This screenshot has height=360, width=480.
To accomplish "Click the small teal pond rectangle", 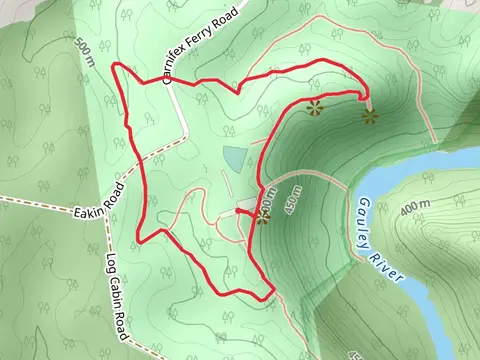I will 234,158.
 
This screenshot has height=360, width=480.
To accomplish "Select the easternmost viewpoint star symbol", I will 371,118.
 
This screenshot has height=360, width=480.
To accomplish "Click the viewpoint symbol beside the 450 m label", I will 262,218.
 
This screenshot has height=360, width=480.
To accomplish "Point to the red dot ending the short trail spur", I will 238,210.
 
